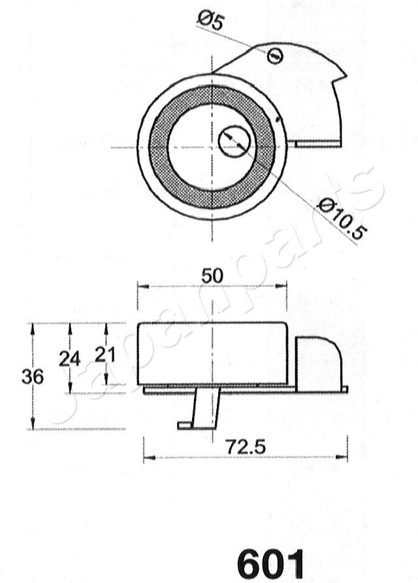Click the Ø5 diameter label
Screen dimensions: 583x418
pyautogui.click(x=210, y=22)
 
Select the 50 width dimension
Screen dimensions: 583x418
pyautogui.click(x=212, y=276)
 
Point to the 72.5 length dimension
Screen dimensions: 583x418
pyautogui.click(x=245, y=447)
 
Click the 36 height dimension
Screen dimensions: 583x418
pyautogui.click(x=32, y=377)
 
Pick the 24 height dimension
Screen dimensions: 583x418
pyautogui.click(x=69, y=358)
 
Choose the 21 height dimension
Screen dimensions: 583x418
pyautogui.click(x=105, y=355)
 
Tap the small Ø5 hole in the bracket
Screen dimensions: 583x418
pyautogui.click(x=275, y=56)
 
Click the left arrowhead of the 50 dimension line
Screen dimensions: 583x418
pyautogui.click(x=140, y=286)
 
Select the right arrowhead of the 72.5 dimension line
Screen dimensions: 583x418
pyautogui.click(x=344, y=456)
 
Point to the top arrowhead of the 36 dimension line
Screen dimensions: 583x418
pyautogui.click(x=33, y=326)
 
